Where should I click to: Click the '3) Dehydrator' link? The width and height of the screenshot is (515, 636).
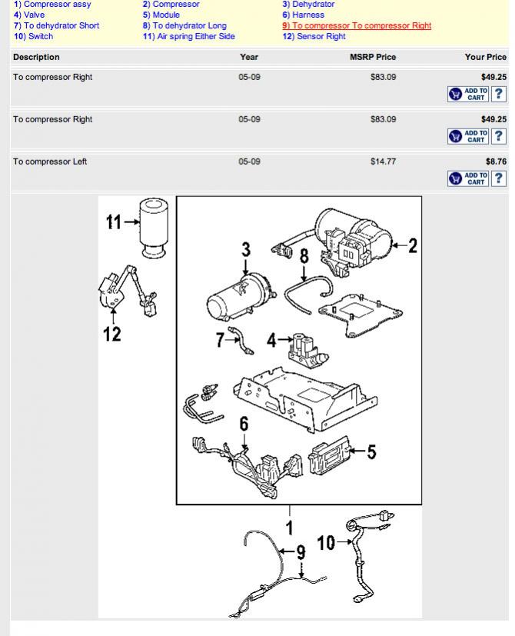tap(308, 4)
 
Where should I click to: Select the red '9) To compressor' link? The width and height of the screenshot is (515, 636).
tap(357, 25)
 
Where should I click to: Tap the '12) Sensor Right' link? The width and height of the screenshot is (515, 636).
tap(314, 36)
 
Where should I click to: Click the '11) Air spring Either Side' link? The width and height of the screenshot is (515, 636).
tap(188, 36)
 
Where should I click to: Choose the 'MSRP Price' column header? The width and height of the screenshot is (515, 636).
tap(373, 57)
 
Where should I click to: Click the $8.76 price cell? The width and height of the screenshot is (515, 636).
tap(496, 161)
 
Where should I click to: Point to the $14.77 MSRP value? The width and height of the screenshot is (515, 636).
tap(383, 161)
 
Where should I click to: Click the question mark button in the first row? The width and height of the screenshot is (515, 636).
tap(498, 94)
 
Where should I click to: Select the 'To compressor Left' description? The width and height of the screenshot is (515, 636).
tap(50, 161)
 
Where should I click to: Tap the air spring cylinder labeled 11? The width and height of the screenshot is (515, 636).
tap(154, 228)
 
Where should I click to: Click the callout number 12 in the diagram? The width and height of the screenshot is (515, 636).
tap(112, 335)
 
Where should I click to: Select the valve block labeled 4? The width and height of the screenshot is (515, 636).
tap(308, 351)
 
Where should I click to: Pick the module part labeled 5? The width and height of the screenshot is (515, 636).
tap(328, 455)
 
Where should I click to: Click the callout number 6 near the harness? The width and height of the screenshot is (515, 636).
tap(244, 424)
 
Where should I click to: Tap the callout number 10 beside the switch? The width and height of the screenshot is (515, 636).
tap(326, 543)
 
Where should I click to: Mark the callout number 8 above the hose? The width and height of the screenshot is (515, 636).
tap(304, 256)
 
